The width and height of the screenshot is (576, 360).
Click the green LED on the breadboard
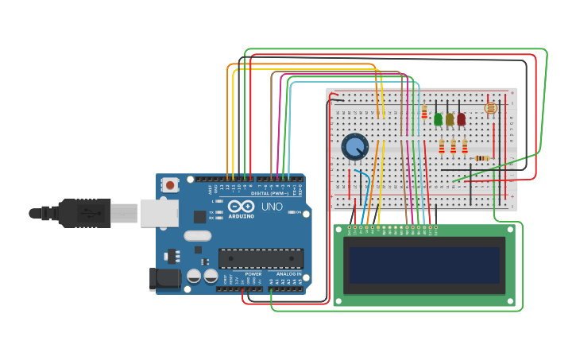[438, 119]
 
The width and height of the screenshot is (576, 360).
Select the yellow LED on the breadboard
[450, 119]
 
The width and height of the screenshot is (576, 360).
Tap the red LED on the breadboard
[461, 119]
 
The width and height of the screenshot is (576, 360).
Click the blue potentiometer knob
[355, 147]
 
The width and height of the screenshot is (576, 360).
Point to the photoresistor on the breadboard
[490, 107]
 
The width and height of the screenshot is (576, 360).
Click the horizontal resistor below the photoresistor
[481, 158]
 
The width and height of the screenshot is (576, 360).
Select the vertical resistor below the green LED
[442, 146]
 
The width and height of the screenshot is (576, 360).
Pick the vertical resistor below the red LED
[465, 146]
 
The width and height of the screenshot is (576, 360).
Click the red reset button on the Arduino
[169, 185]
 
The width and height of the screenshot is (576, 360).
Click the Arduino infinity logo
[241, 207]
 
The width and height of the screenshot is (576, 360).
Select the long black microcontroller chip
[261, 258]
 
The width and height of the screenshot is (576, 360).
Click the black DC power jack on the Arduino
[164, 277]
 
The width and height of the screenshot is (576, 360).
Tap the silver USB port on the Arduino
[159, 213]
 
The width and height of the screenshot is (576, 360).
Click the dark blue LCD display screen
[424, 265]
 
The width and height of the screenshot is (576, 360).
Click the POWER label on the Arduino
[253, 274]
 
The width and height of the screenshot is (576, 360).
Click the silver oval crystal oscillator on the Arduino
[197, 235]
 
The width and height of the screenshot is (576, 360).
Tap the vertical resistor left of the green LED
[424, 111]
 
